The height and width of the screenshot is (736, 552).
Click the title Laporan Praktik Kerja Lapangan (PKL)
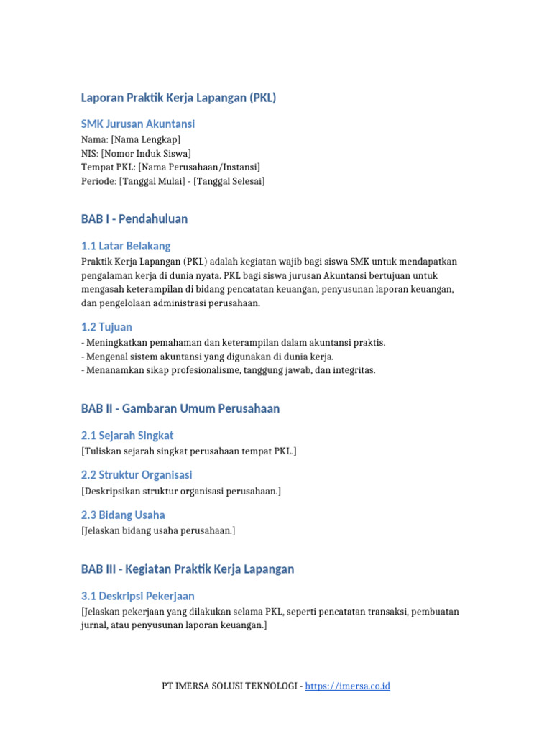[x=178, y=98]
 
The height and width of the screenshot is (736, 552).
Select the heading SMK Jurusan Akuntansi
[x=137, y=124]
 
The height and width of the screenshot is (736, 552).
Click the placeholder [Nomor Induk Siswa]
[x=146, y=153]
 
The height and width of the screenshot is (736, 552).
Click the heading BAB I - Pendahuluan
[x=134, y=218]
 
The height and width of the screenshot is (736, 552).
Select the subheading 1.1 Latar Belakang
[x=126, y=246]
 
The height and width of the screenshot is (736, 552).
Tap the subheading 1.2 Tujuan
[x=106, y=327]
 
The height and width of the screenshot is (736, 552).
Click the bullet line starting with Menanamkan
[x=229, y=370]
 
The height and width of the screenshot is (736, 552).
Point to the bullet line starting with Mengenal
[x=208, y=356]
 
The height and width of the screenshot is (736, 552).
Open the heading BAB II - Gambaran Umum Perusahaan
[x=180, y=408]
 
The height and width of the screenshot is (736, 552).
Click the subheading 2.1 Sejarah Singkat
[x=127, y=436]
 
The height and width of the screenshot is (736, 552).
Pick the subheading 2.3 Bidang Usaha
[x=123, y=515]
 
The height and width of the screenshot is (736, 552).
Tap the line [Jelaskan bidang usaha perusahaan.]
[x=158, y=530]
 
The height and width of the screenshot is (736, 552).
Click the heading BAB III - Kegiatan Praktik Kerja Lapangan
[x=188, y=569]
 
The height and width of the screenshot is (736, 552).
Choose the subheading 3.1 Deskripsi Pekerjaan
[x=137, y=597]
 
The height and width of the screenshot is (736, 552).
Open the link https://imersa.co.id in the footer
[x=347, y=686]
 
